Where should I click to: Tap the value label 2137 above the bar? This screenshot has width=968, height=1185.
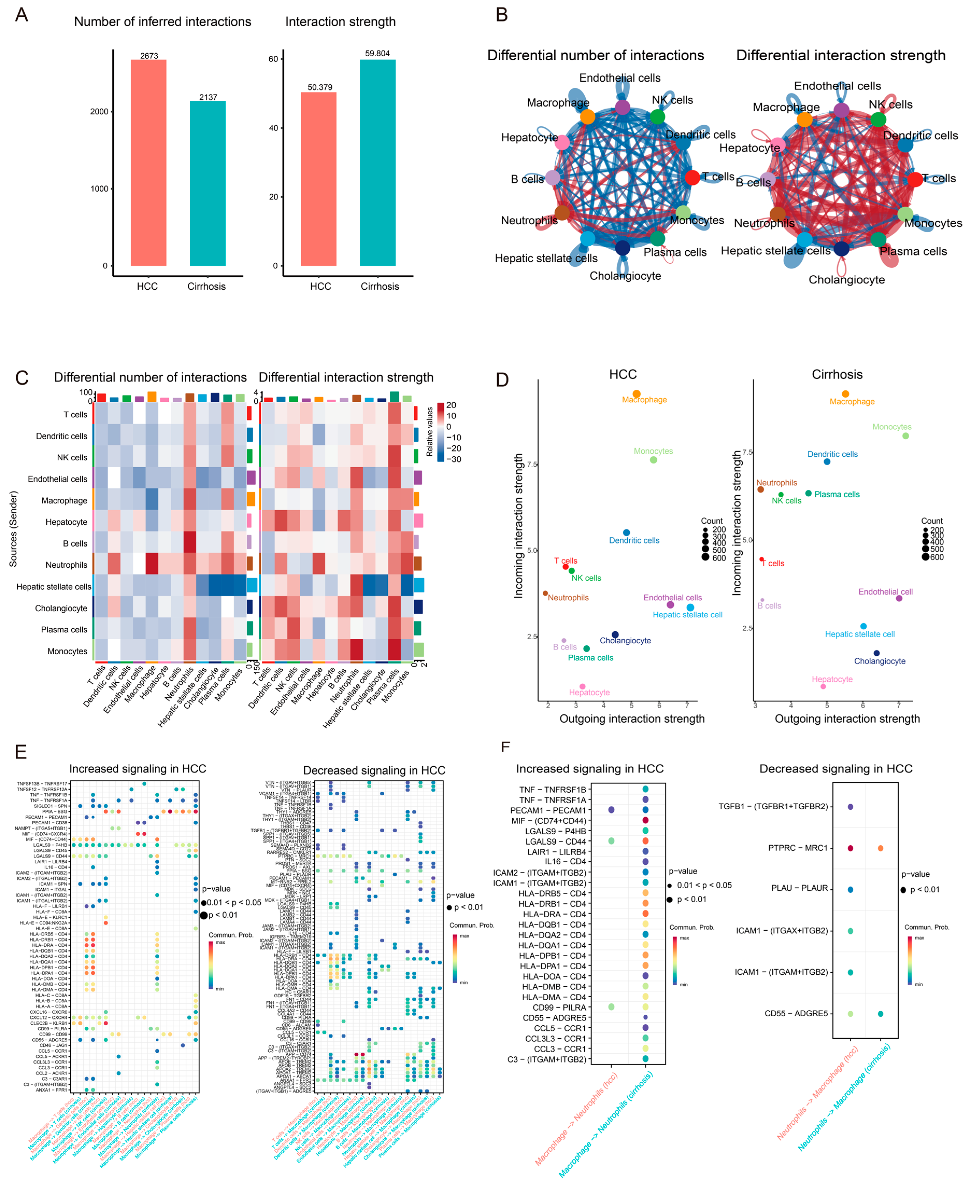pos(208,97)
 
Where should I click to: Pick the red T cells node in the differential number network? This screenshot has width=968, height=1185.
pos(692,177)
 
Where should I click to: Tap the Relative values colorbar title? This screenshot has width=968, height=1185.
pos(429,432)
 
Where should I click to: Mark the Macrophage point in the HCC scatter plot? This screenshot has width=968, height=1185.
pos(636,394)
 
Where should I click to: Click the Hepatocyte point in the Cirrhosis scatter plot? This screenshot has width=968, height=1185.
pos(823,687)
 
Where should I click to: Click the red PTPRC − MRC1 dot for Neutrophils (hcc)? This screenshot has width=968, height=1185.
pos(850,848)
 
